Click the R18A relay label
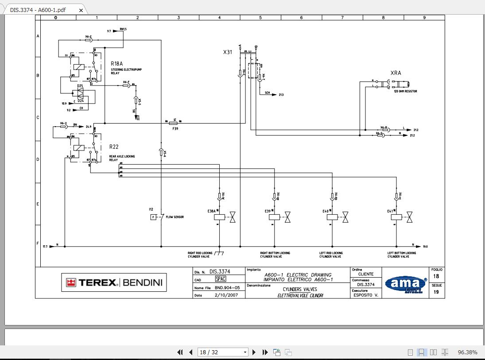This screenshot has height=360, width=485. (116, 64)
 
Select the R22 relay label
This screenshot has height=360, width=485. (114, 147)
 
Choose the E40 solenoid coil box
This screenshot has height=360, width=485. (334, 217)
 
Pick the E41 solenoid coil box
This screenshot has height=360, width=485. (397, 217)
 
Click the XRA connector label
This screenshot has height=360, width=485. (396, 73)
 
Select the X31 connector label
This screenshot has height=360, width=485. (227, 52)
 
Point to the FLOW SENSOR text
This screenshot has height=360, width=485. (175, 217)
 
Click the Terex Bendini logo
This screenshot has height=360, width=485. (114, 283)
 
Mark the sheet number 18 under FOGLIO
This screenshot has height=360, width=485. (436, 276)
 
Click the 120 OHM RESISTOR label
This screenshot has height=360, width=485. (405, 91)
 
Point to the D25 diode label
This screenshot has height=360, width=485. (80, 86)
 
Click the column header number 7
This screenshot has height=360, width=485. (342, 18)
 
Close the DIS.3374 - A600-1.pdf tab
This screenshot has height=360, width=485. (81, 10)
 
